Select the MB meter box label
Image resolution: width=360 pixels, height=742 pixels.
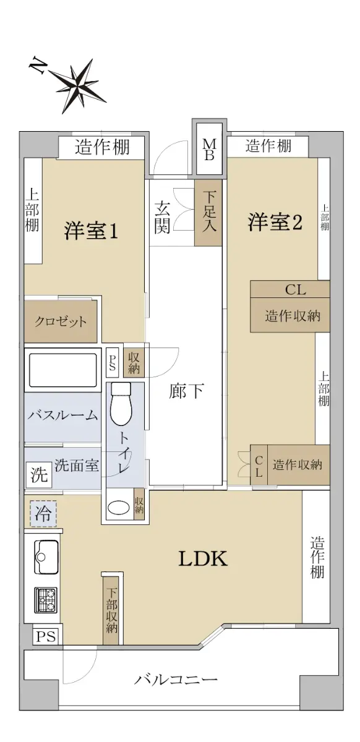pos(210,150)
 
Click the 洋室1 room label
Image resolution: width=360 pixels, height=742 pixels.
pos(91,231)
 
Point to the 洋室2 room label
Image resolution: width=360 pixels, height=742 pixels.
pos(275,222)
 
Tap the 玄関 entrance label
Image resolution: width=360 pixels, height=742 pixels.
pos(162,217)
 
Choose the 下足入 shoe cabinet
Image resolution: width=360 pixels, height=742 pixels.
pos(208,213)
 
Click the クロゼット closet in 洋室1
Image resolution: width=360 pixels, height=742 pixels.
pos(61,322)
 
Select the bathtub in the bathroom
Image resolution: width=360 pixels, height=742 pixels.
pos(63,370)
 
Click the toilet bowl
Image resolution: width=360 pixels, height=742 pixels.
pos(121,404)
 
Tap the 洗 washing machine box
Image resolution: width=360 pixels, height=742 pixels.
pos(39,475)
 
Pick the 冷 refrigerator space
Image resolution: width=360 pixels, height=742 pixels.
pos(43,513)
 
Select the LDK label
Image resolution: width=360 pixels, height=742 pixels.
pos(203,558)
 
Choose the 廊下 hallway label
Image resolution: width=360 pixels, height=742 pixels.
pos(186,391)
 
